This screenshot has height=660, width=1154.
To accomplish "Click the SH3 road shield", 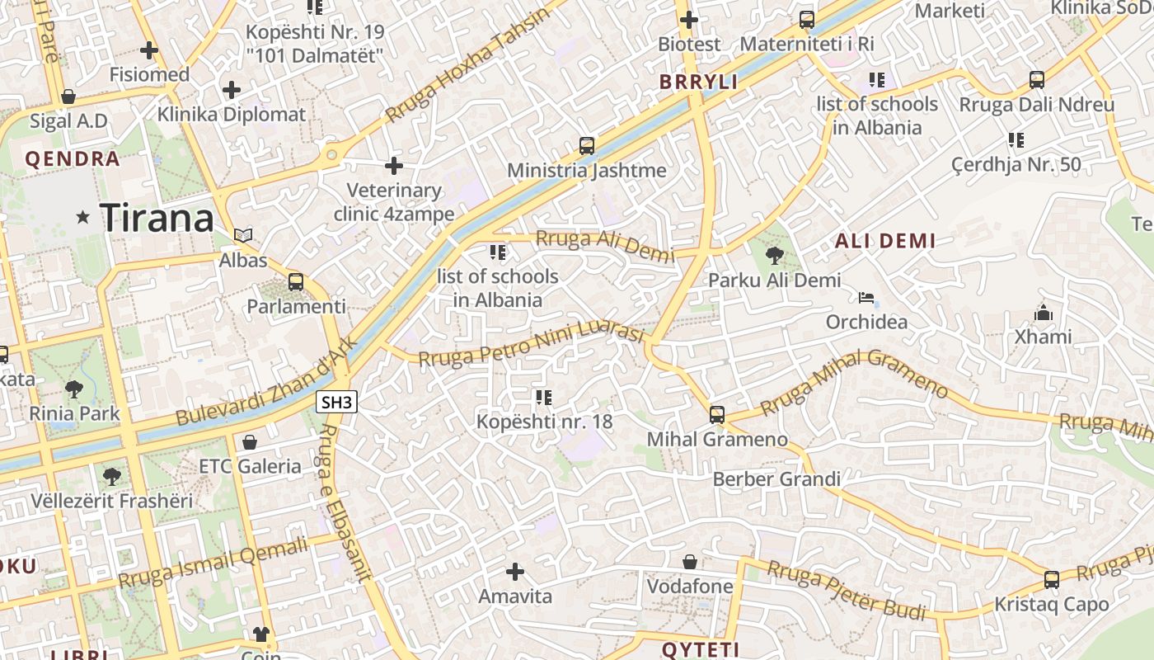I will tap(337, 403).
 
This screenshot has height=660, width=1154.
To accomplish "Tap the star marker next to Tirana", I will tap(82, 218).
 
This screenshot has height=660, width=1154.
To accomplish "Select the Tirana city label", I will tap(157, 218).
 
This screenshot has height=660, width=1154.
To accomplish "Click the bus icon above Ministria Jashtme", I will tap(587, 146).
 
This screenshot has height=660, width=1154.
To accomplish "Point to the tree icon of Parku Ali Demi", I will tap(774, 256).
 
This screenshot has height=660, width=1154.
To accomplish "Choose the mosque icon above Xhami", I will tap(1044, 313).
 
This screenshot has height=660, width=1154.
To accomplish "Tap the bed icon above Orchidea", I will tap(866, 297).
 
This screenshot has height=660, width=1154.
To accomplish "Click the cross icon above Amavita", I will tap(515, 571).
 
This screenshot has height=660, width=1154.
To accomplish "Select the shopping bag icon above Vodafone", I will tap(690, 562).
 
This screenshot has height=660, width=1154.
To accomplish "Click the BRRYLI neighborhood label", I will tap(699, 82).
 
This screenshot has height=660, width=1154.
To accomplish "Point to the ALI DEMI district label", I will tap(885, 241).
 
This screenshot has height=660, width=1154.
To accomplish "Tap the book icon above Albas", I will tap(242, 236).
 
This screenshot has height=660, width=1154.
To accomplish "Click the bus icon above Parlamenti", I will tap(296, 282).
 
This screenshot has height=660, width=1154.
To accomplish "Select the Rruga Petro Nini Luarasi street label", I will tap(531, 346).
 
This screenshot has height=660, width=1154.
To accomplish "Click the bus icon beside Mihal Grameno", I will tap(717, 414).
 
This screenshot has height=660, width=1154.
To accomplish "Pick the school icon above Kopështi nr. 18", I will tap(544, 398).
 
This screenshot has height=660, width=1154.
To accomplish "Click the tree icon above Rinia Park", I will tap(74, 389).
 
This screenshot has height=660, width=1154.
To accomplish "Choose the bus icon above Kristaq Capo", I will tap(1052, 579).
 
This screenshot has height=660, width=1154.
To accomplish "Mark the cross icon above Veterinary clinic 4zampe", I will tap(394, 166).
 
